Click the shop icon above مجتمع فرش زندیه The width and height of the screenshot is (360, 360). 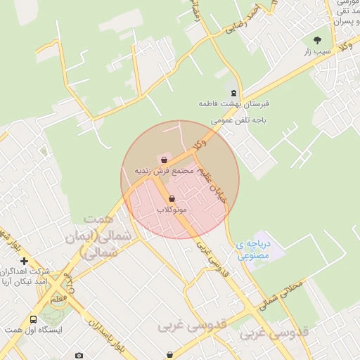pyautogui.click(x=164, y=160)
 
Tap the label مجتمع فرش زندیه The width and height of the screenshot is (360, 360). pyautogui.click(x=164, y=171)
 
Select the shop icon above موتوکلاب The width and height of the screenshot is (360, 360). pyautogui.click(x=172, y=200)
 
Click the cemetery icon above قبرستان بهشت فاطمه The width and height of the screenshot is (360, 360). pyautogui.click(x=233, y=93)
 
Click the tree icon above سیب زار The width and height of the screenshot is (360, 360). pyautogui.click(x=317, y=40)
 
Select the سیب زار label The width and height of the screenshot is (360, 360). pyautogui.click(x=317, y=51)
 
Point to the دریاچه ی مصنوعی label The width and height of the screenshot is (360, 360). pyautogui.click(x=252, y=250)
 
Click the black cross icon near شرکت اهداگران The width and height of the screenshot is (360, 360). pyautogui.click(x=23, y=261)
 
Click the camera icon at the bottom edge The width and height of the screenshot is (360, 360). pyautogui.click(x=79, y=355)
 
